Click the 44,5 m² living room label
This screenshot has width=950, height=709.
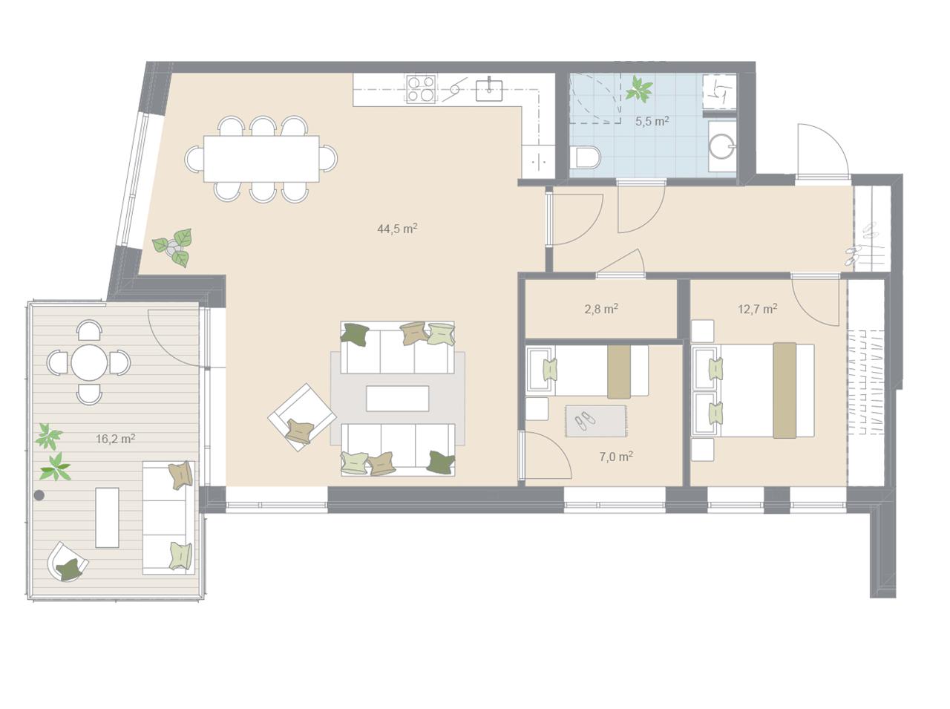397,228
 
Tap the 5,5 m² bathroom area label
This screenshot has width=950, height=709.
652,121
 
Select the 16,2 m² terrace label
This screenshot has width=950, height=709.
115,439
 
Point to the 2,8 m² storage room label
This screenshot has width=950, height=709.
600,309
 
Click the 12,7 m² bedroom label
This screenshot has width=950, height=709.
758,309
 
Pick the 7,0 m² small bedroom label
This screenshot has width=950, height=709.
616,457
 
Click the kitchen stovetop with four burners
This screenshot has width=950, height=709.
421,89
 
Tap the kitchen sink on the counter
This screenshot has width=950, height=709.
489,90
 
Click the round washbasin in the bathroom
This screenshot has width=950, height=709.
721,146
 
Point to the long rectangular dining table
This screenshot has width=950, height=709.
261,159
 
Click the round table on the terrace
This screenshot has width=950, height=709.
89,362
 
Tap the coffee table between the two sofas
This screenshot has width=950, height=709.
397,398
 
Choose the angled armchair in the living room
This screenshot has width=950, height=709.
301,417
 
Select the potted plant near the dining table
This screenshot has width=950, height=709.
174,247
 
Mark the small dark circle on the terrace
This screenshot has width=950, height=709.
39,495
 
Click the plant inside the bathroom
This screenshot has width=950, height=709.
639,89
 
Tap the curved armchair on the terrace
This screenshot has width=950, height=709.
67,562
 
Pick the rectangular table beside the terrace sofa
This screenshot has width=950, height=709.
107,517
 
